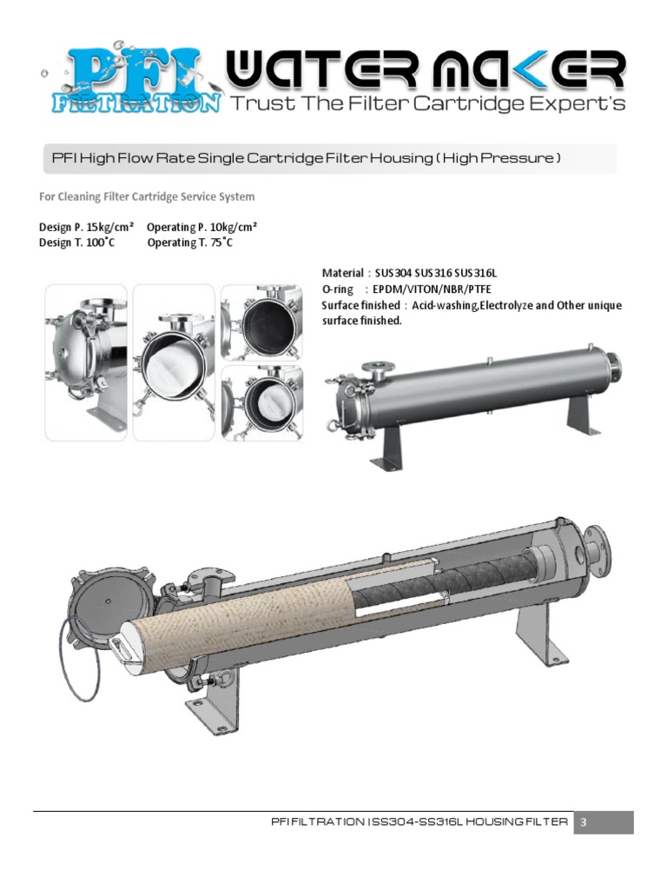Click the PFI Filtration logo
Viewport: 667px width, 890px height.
coord(130,81)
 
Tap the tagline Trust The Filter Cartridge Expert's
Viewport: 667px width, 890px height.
coord(426,104)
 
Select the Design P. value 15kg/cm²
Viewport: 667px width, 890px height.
coord(109,227)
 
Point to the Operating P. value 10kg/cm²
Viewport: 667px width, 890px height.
coord(228,227)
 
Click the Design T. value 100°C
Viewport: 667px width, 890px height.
coord(100,242)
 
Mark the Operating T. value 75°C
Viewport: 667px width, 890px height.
coord(216,242)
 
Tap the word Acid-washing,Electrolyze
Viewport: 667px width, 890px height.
coord(467,305)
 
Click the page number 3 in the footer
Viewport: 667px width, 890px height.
coord(584,822)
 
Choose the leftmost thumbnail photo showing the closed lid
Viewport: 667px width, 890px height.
coord(86,362)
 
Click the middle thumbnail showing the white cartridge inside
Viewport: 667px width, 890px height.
coord(174,362)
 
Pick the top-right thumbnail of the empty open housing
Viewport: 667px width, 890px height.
coord(261,321)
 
